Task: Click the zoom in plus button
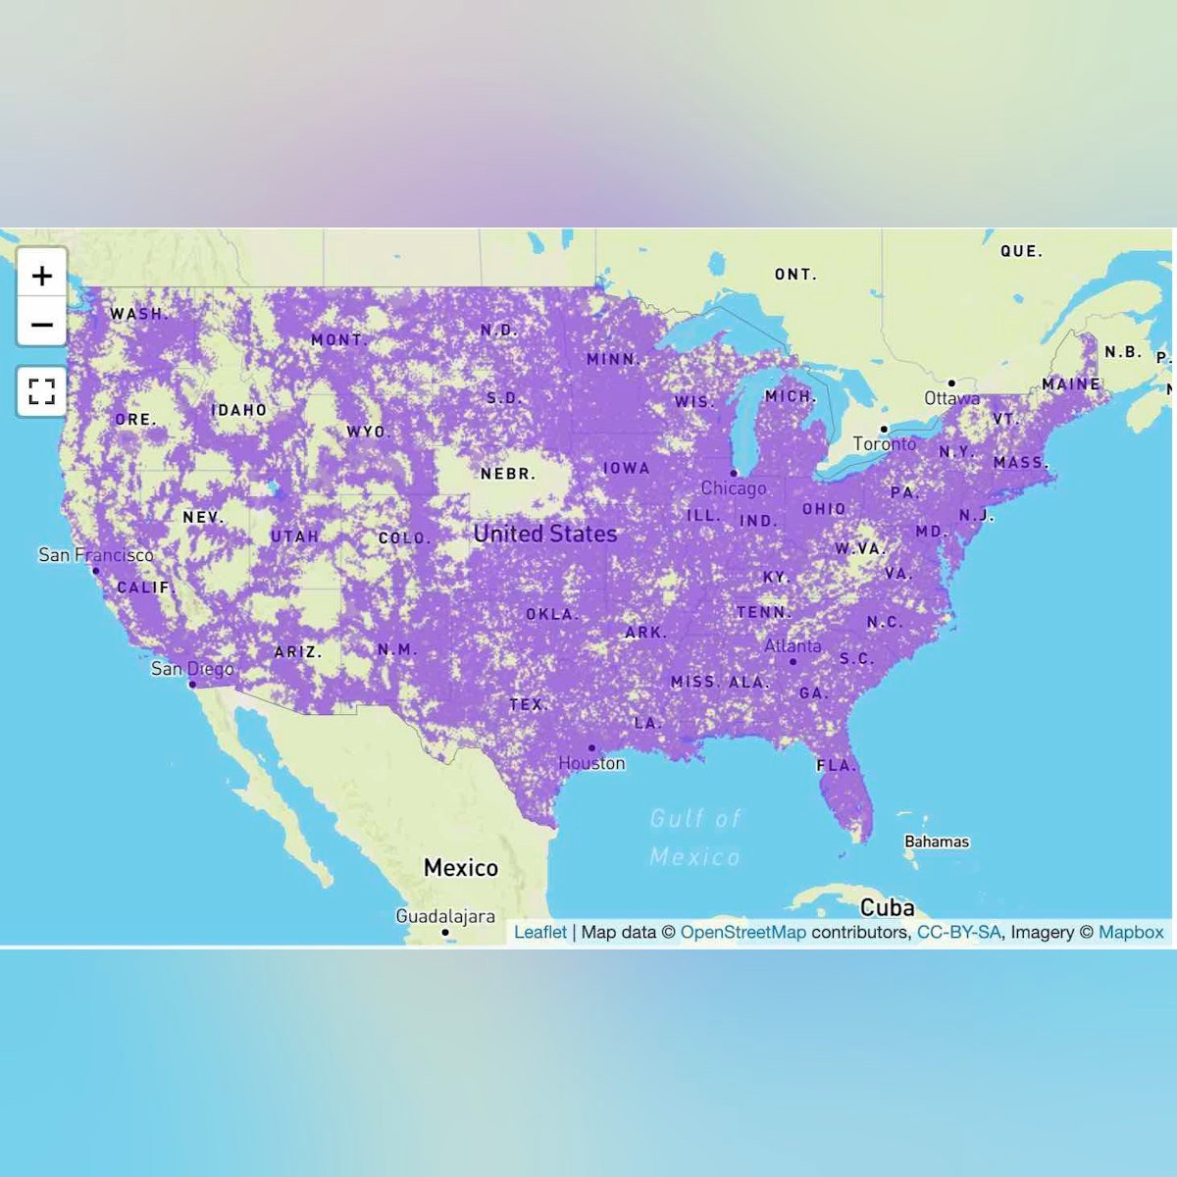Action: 41,276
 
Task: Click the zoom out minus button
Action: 41,324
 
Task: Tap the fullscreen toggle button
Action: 41,392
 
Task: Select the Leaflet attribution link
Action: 540,932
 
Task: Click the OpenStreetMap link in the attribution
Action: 742,932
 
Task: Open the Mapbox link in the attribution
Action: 1131,932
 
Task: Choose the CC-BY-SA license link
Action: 958,932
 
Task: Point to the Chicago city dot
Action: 734,474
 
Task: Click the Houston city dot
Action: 591,747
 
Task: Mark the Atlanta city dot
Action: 793,662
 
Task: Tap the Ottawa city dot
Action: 950,384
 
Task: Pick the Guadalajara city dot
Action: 445,932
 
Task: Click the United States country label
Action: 545,534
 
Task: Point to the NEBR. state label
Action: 508,474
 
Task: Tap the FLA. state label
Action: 837,765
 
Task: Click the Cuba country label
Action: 887,907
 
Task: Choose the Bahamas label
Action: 937,842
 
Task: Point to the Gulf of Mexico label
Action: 695,838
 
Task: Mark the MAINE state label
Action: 1070,384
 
